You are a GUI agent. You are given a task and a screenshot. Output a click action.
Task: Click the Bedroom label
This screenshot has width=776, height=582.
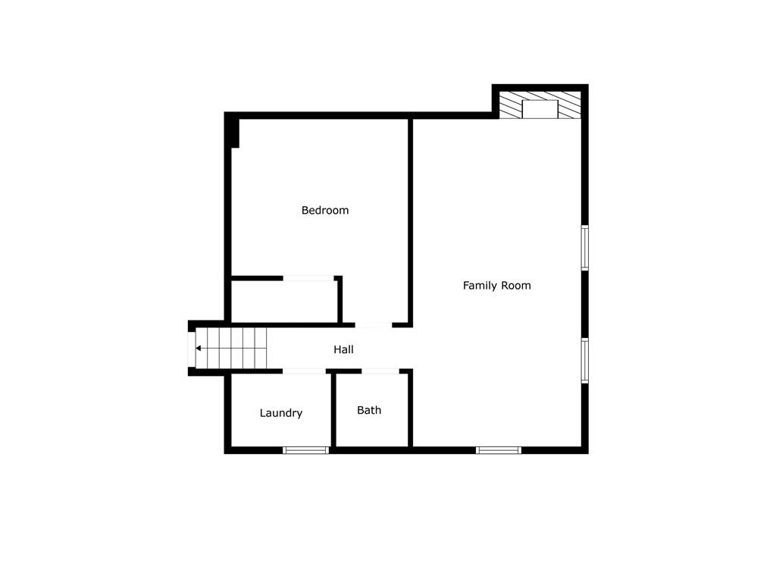pos(325,211)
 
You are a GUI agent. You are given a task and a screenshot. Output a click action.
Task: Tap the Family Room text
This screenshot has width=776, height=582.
pos(496,286)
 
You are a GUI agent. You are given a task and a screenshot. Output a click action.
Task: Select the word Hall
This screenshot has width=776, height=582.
pos(343,349)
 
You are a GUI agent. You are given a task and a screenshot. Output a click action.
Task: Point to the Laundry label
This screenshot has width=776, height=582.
pos(281,413)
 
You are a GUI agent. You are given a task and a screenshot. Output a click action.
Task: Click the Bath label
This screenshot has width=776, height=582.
pos(369,410)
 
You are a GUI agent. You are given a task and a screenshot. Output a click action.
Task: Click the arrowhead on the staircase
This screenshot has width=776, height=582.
pos(198,349)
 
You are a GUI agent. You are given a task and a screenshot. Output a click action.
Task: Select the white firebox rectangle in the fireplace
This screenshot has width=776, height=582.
pos(540,108)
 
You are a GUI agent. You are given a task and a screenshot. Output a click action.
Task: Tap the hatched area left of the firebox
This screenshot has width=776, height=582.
pos(511,105)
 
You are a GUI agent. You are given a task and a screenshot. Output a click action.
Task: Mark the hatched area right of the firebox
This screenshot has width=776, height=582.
pos(569,105)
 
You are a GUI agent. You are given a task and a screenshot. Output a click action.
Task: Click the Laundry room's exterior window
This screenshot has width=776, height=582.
pos(305,450)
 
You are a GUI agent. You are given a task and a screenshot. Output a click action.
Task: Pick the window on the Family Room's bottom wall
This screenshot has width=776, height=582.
pos(499,450)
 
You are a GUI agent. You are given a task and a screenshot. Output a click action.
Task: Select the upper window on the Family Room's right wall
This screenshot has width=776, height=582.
pos(584,247)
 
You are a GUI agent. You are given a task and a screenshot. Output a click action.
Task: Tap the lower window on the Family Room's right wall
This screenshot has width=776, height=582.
pos(584,360)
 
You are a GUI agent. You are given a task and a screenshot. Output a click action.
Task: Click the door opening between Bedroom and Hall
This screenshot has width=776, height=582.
pos(373,325)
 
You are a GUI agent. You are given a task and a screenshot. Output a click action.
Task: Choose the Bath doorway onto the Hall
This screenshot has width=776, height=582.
pos(380,371)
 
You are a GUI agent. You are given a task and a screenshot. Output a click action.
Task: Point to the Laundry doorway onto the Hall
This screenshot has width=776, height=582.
pos(305,371)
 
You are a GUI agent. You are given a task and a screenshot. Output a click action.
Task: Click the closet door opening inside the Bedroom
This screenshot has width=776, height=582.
pos(308,278)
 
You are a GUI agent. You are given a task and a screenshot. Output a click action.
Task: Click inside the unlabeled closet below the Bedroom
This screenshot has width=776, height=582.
pos(284,302)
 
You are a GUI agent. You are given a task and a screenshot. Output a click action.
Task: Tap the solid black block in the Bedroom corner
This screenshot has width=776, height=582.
pos(233,132)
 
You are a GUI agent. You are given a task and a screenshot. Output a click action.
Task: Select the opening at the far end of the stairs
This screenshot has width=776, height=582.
pos(192,349)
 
